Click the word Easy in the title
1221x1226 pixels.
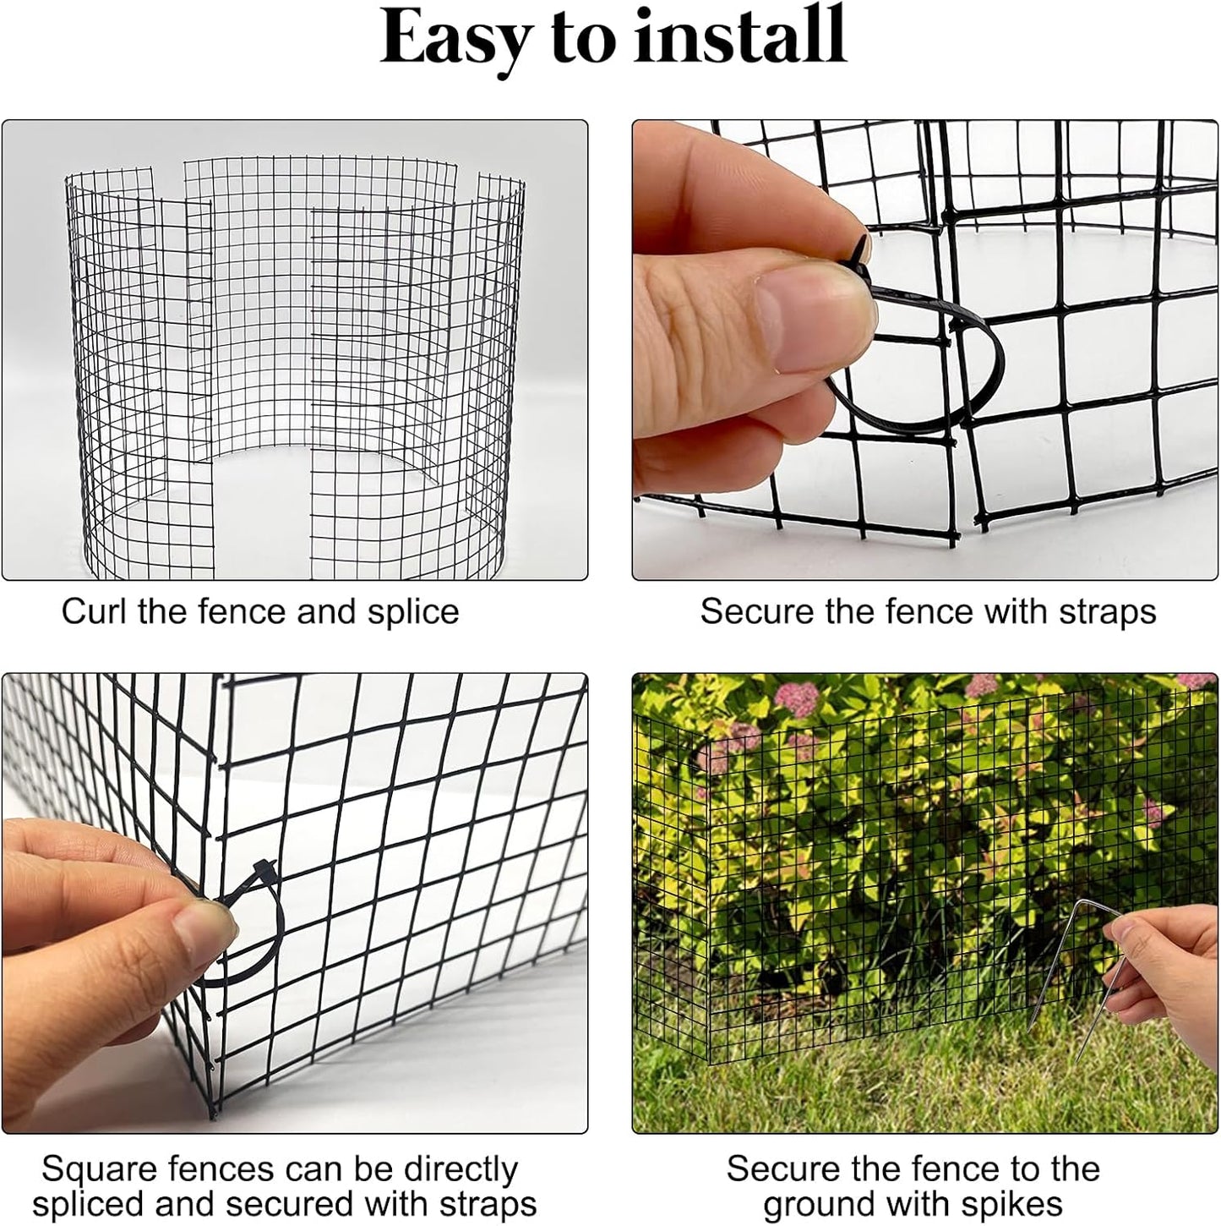point(455,38)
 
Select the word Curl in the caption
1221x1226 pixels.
point(94,611)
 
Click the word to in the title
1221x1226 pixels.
point(582,38)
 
